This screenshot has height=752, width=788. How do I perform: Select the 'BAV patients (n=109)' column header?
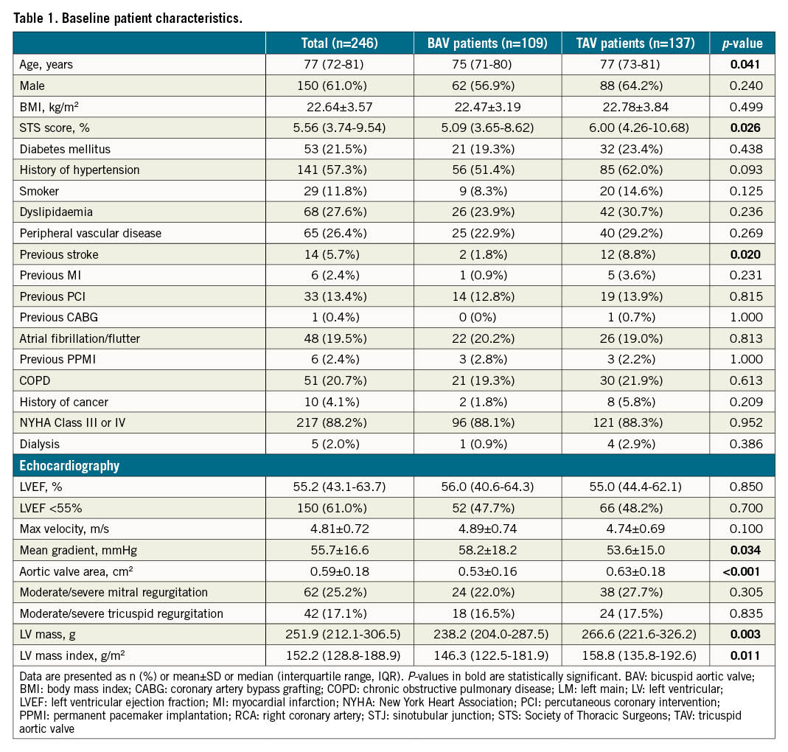[x=487, y=43]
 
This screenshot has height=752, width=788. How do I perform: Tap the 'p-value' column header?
[x=742, y=43]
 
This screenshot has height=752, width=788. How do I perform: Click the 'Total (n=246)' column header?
[x=339, y=43]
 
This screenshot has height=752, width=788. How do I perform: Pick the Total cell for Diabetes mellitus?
[x=339, y=149]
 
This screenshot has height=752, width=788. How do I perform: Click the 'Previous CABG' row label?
[x=59, y=318]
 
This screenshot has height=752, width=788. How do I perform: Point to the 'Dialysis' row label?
[x=40, y=445]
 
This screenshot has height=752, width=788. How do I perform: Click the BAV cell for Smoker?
[x=487, y=191]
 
